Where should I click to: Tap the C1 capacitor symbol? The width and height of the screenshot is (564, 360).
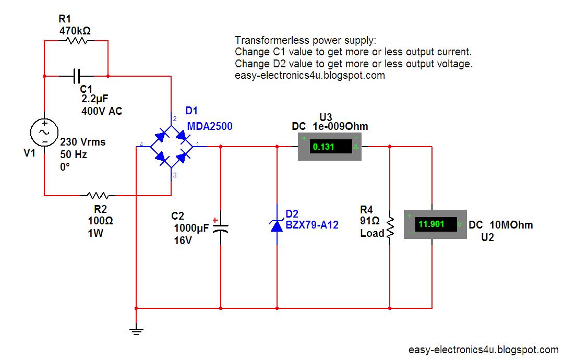76,76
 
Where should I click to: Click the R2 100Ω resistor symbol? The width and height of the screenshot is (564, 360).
98,196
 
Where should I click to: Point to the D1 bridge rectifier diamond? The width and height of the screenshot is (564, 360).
171,147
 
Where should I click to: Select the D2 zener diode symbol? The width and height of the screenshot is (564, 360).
277,225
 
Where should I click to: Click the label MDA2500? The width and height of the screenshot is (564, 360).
209,126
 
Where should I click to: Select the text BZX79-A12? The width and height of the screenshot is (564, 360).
312,225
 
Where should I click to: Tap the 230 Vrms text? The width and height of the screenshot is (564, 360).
82,142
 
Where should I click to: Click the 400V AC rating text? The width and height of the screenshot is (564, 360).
102,111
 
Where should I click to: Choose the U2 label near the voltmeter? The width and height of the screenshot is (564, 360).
487,237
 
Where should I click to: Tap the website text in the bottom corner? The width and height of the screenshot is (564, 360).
483,350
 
